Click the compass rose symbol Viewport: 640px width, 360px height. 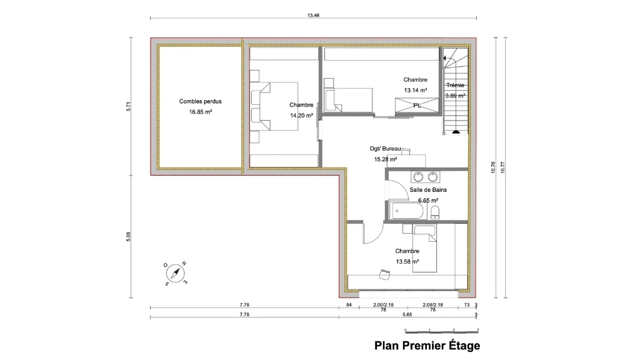176,273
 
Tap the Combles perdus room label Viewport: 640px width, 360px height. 201,101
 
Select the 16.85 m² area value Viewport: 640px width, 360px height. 201,112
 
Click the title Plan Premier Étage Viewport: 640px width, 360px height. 427,346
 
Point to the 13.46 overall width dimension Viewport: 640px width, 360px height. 314,16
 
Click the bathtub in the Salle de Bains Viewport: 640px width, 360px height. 407,211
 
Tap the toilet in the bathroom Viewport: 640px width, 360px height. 435,212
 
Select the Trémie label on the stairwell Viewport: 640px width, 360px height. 455,85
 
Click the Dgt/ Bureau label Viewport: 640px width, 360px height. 385,149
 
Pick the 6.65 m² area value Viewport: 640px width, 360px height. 428,201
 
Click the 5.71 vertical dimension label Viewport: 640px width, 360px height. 128,106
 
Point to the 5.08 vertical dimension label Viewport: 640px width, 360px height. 128,237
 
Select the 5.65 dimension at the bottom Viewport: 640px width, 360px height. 407,315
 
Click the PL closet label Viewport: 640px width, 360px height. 417,105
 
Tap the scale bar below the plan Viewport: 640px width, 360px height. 442,331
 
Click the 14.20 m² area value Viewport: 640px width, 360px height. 302,116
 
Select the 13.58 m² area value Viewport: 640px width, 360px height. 407,262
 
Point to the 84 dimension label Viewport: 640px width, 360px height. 349,305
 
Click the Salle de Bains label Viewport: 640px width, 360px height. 428,190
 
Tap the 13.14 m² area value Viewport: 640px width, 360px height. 416,90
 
